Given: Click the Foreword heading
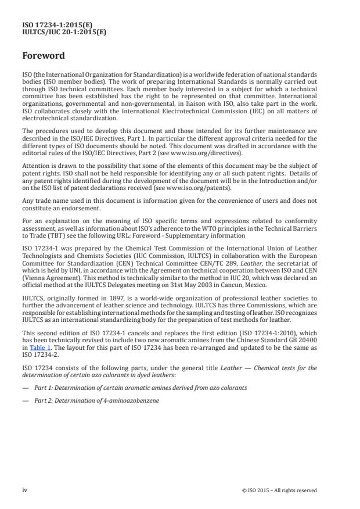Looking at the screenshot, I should coord(44,56).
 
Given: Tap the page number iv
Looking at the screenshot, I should coord(25,490).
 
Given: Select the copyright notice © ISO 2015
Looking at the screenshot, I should coord(279,490).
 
